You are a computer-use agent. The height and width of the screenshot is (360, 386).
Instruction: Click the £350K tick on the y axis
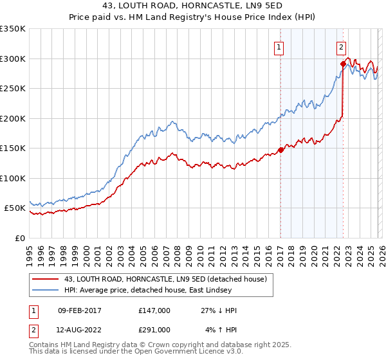pyautogui.click(x=13, y=29)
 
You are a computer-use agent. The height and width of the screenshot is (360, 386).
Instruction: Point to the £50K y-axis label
pyautogui.click(x=15, y=208)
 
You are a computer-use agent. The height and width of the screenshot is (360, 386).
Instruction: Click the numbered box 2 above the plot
pyautogui.click(x=340, y=46)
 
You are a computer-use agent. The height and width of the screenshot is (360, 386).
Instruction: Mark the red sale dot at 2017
pyautogui.click(x=280, y=150)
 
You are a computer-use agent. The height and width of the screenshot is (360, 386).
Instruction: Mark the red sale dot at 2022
pyautogui.click(x=343, y=64)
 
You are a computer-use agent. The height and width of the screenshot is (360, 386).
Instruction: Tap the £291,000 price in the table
pyautogui.click(x=154, y=329)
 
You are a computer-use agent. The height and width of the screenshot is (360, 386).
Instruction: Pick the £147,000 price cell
pyautogui.click(x=154, y=311)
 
